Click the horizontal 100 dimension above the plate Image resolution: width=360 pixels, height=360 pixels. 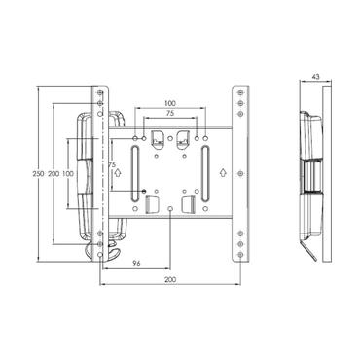pos(169,102)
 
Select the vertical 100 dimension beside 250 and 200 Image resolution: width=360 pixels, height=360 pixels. pos(69,172)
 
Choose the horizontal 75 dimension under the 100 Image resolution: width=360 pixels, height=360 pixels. pos(169,114)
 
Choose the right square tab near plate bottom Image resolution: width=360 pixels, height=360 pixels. pos(190,205)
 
